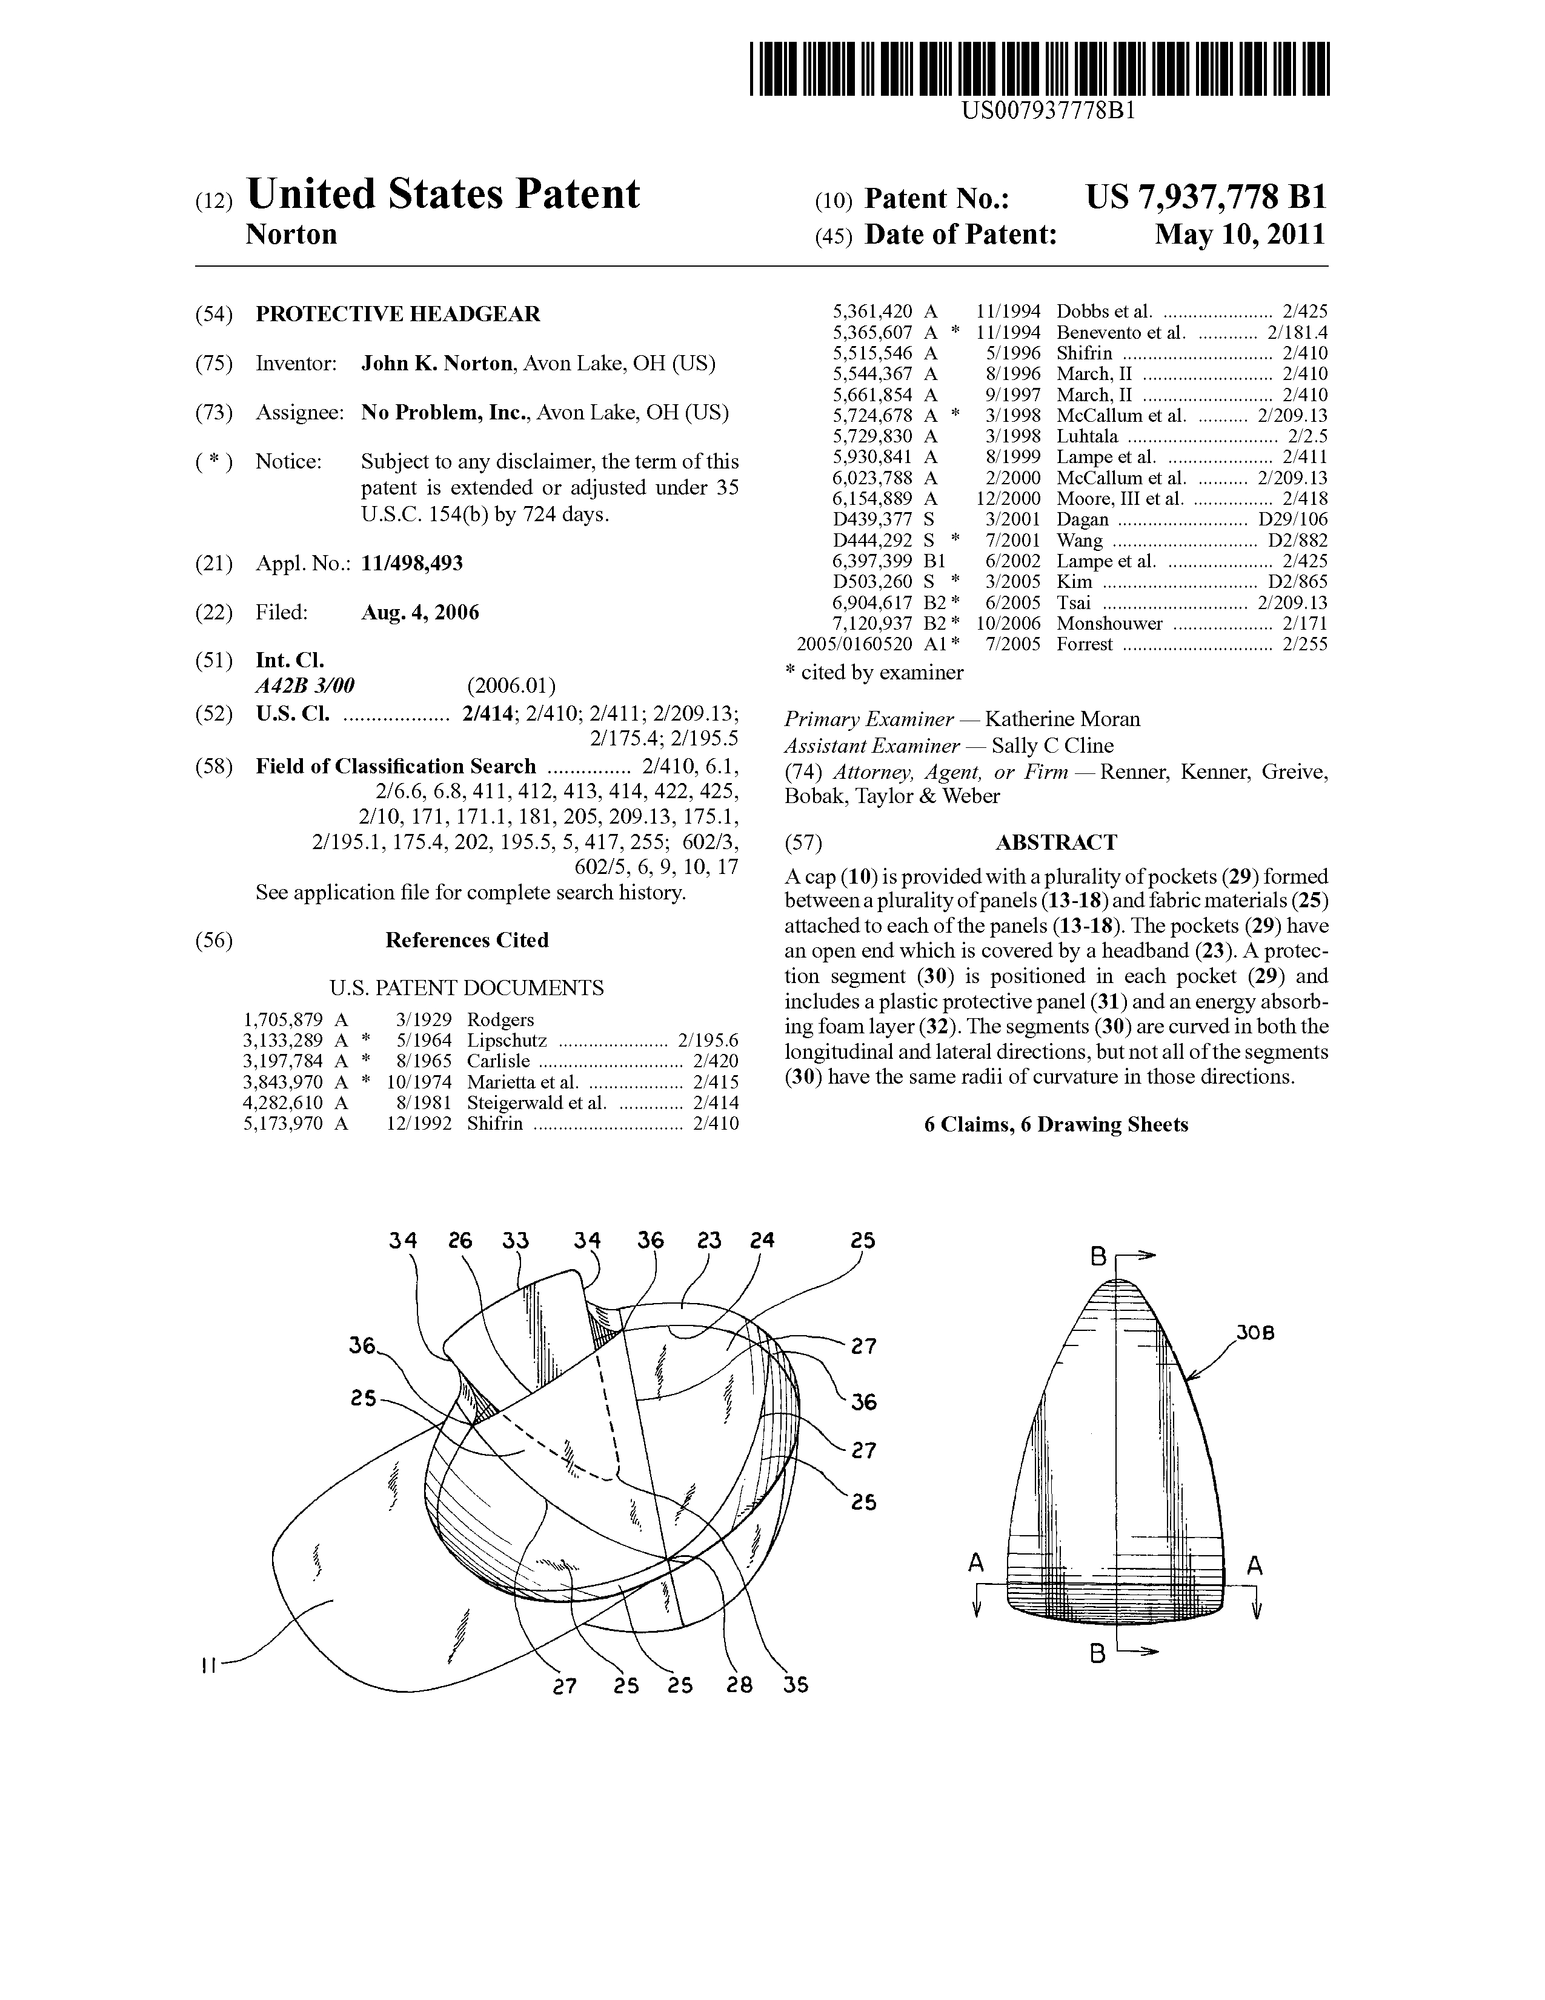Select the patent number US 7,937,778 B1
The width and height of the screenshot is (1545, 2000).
click(x=1206, y=198)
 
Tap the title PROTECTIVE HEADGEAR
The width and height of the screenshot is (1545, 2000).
click(x=397, y=314)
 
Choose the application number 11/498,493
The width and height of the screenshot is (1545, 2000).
click(x=412, y=563)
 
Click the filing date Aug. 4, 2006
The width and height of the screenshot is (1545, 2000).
click(x=420, y=613)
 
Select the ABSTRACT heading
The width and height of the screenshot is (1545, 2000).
click(x=1056, y=842)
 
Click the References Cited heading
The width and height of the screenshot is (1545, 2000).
click(x=467, y=941)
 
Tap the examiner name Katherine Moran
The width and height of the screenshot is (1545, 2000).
click(x=1062, y=720)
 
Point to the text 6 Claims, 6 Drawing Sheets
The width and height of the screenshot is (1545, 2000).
click(x=1056, y=1124)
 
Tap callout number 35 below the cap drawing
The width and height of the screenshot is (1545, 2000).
click(x=796, y=1685)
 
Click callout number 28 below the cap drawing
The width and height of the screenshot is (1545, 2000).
click(x=739, y=1685)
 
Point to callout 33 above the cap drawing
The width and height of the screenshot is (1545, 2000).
click(x=516, y=1241)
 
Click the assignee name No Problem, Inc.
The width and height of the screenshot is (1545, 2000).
click(x=445, y=413)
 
